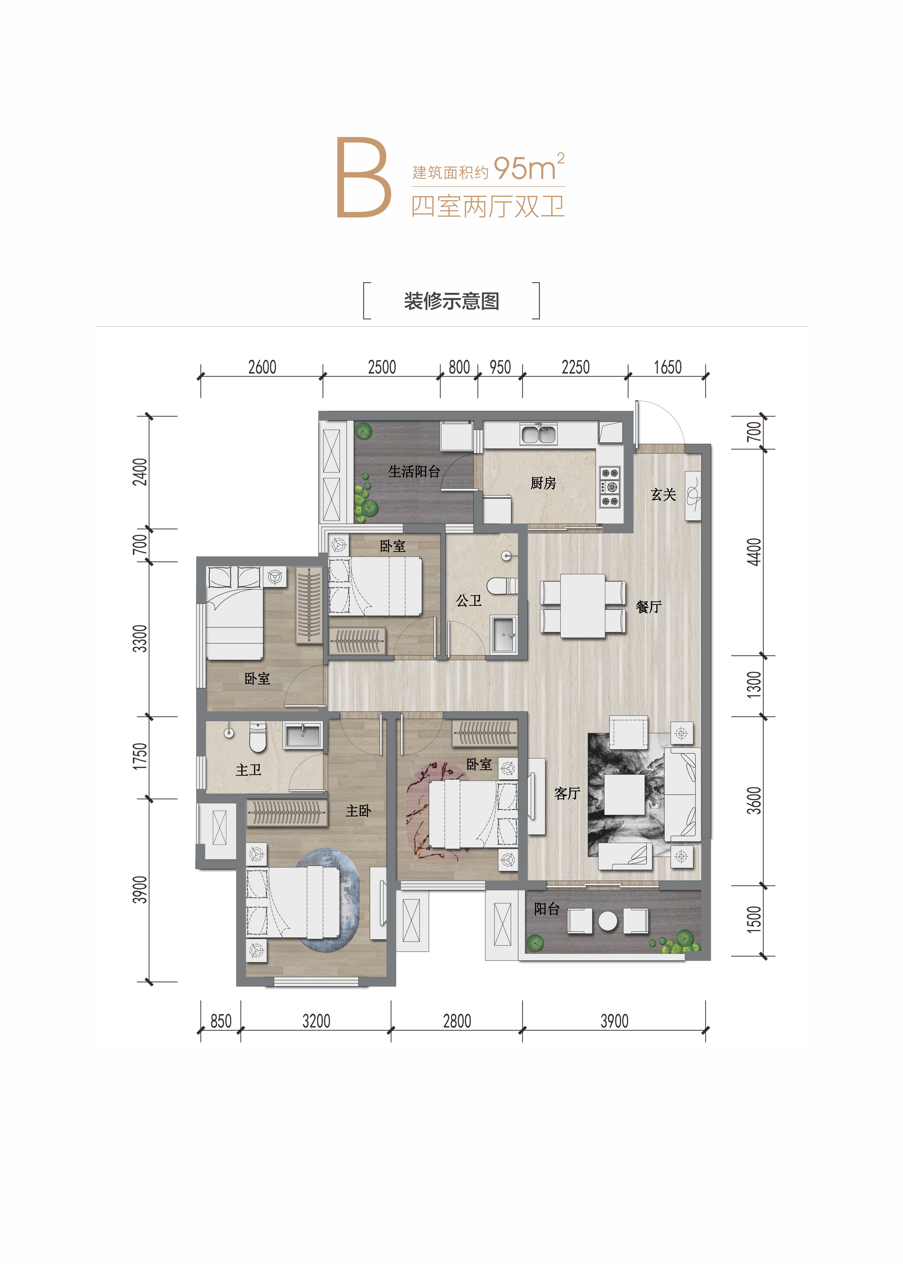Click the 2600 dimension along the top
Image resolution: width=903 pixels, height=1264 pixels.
point(262,367)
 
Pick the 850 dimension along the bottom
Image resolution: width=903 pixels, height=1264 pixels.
point(221,1021)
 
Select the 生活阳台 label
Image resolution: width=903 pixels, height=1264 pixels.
point(414,472)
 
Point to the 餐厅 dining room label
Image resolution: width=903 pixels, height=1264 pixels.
point(648,607)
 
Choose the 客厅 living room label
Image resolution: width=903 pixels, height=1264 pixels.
point(567,793)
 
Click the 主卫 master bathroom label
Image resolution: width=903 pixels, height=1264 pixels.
point(249,770)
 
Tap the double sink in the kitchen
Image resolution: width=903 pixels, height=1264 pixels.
point(538,433)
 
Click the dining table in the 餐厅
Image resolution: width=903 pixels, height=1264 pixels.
point(583,606)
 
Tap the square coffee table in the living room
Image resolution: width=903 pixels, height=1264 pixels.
point(624,794)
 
